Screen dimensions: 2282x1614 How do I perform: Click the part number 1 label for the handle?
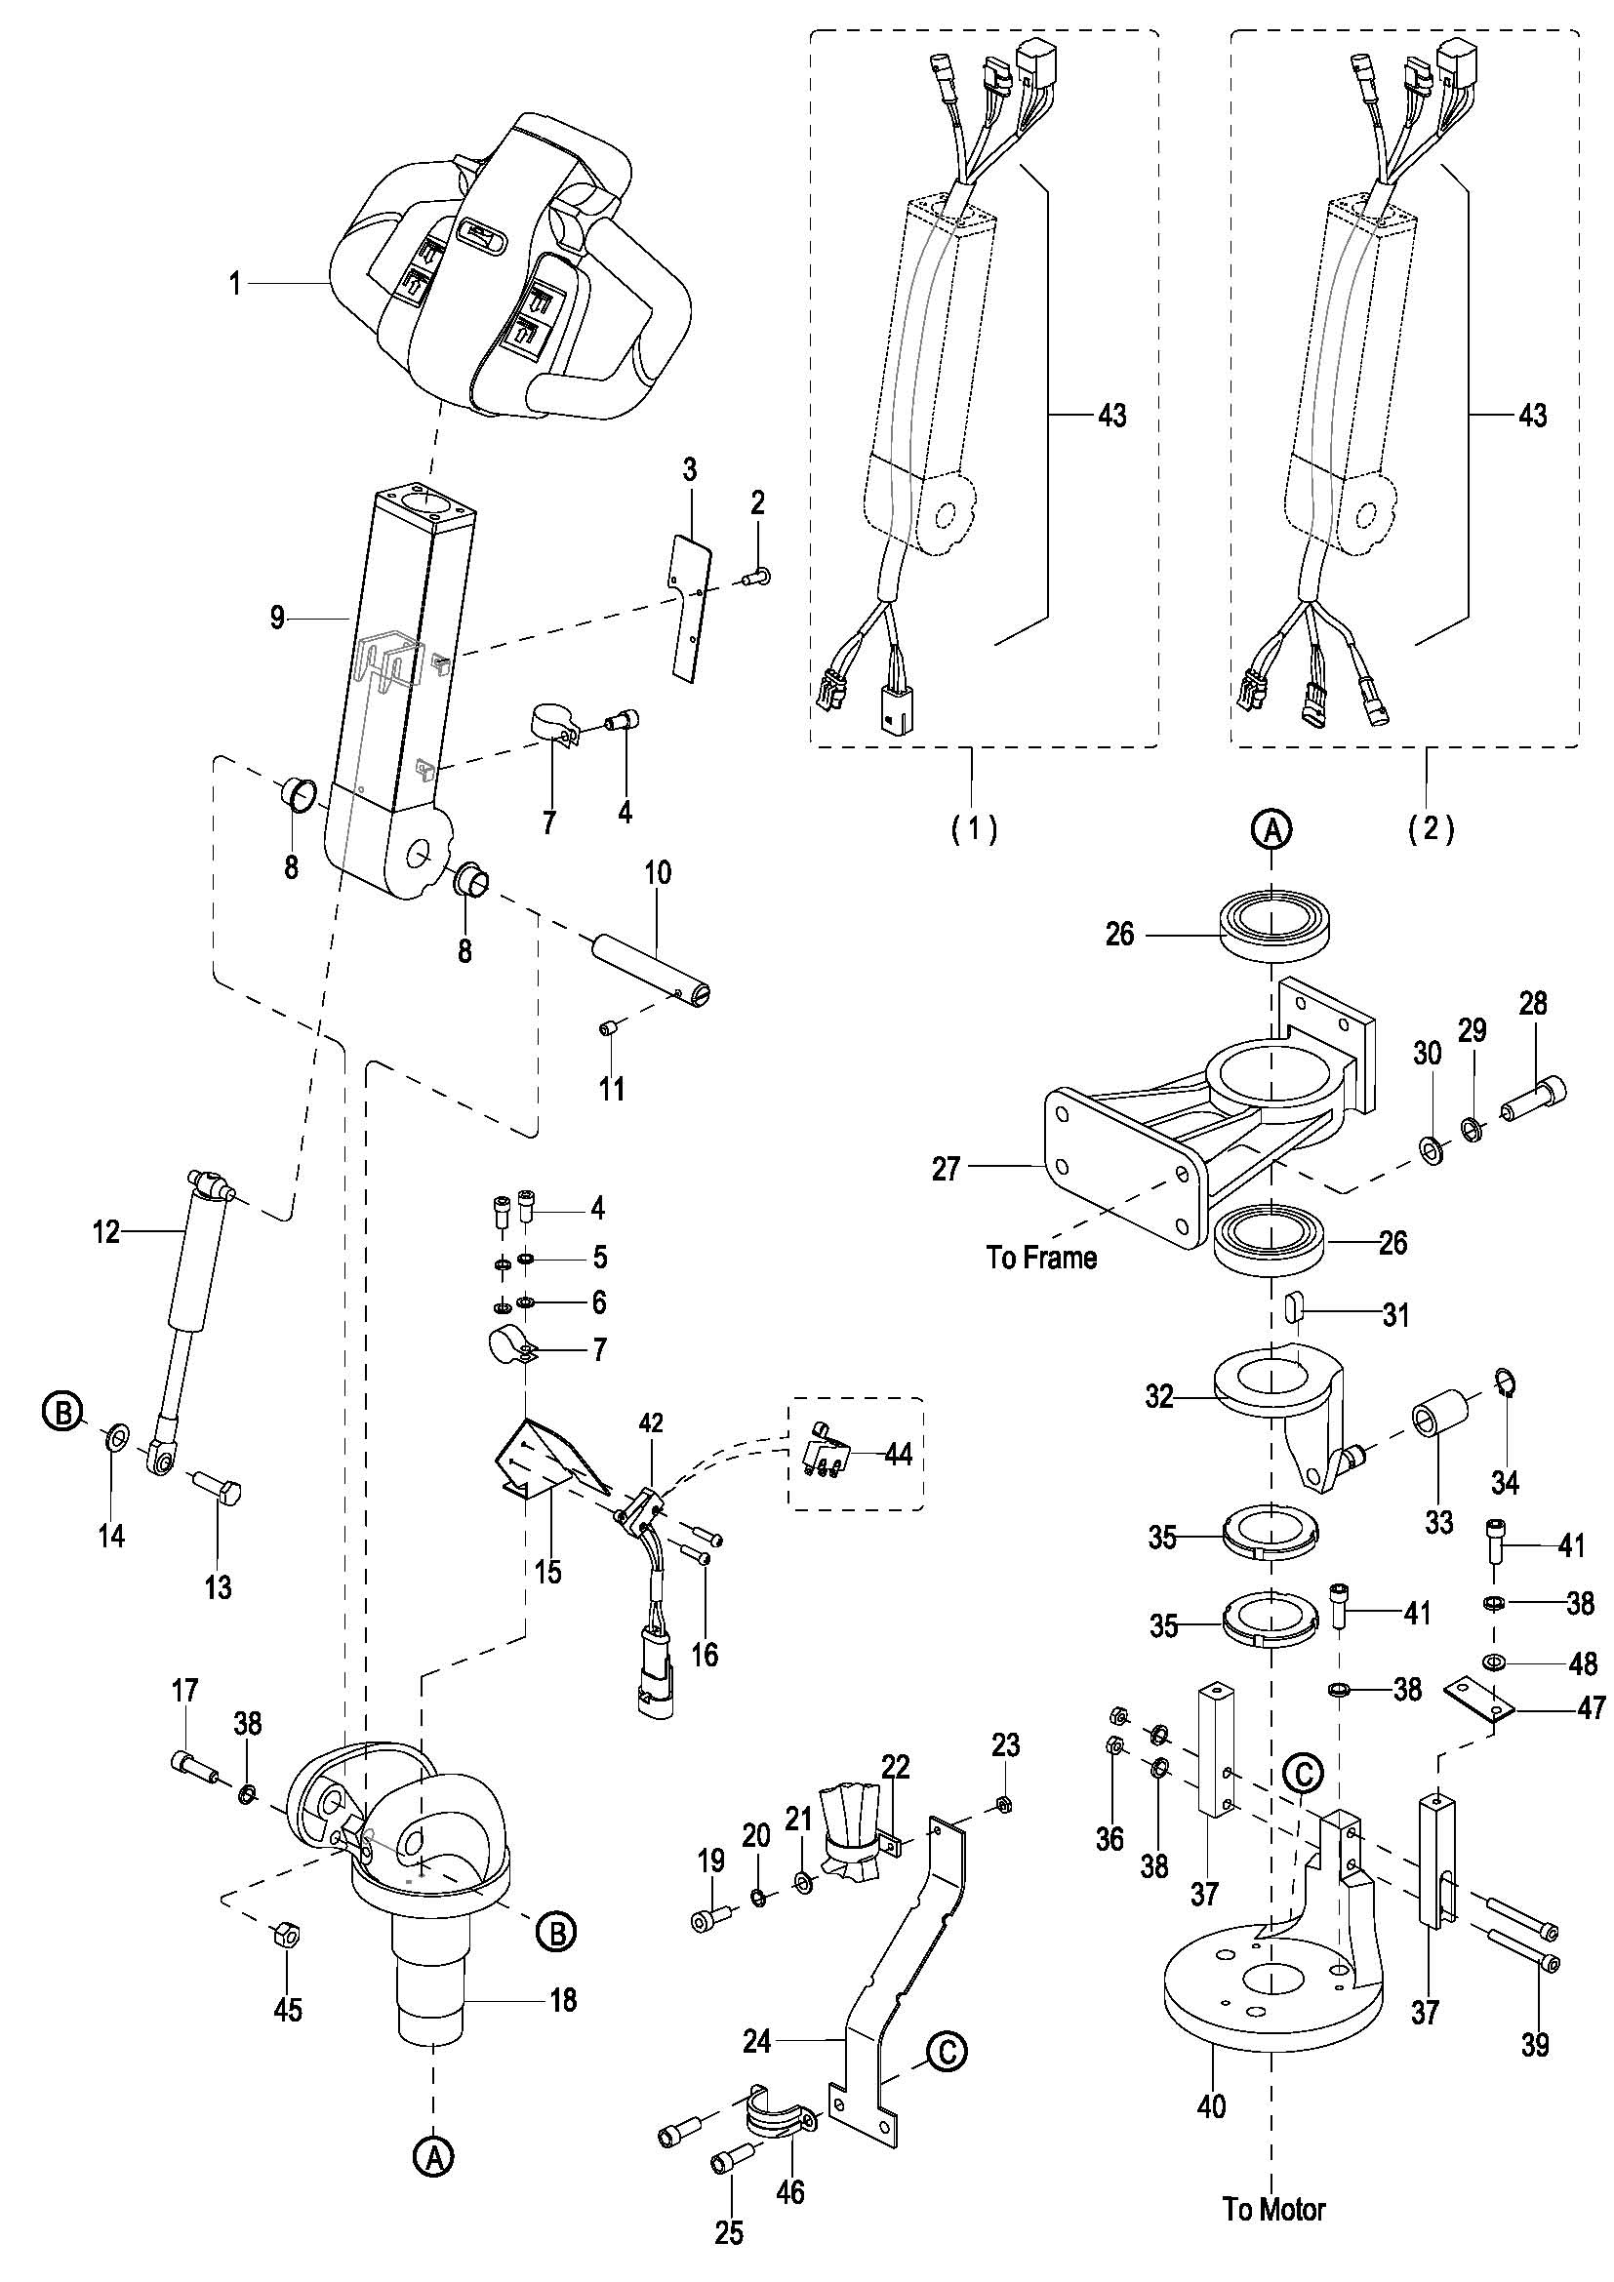(x=234, y=284)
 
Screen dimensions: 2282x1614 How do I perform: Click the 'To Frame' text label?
(x=1041, y=1258)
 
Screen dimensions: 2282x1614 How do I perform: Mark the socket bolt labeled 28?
(x=1537, y=1097)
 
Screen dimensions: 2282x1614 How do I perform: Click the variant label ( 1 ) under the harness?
(x=974, y=828)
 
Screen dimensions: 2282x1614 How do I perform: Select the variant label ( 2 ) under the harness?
(x=1432, y=828)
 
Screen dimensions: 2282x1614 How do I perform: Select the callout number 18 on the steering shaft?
(x=563, y=2000)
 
